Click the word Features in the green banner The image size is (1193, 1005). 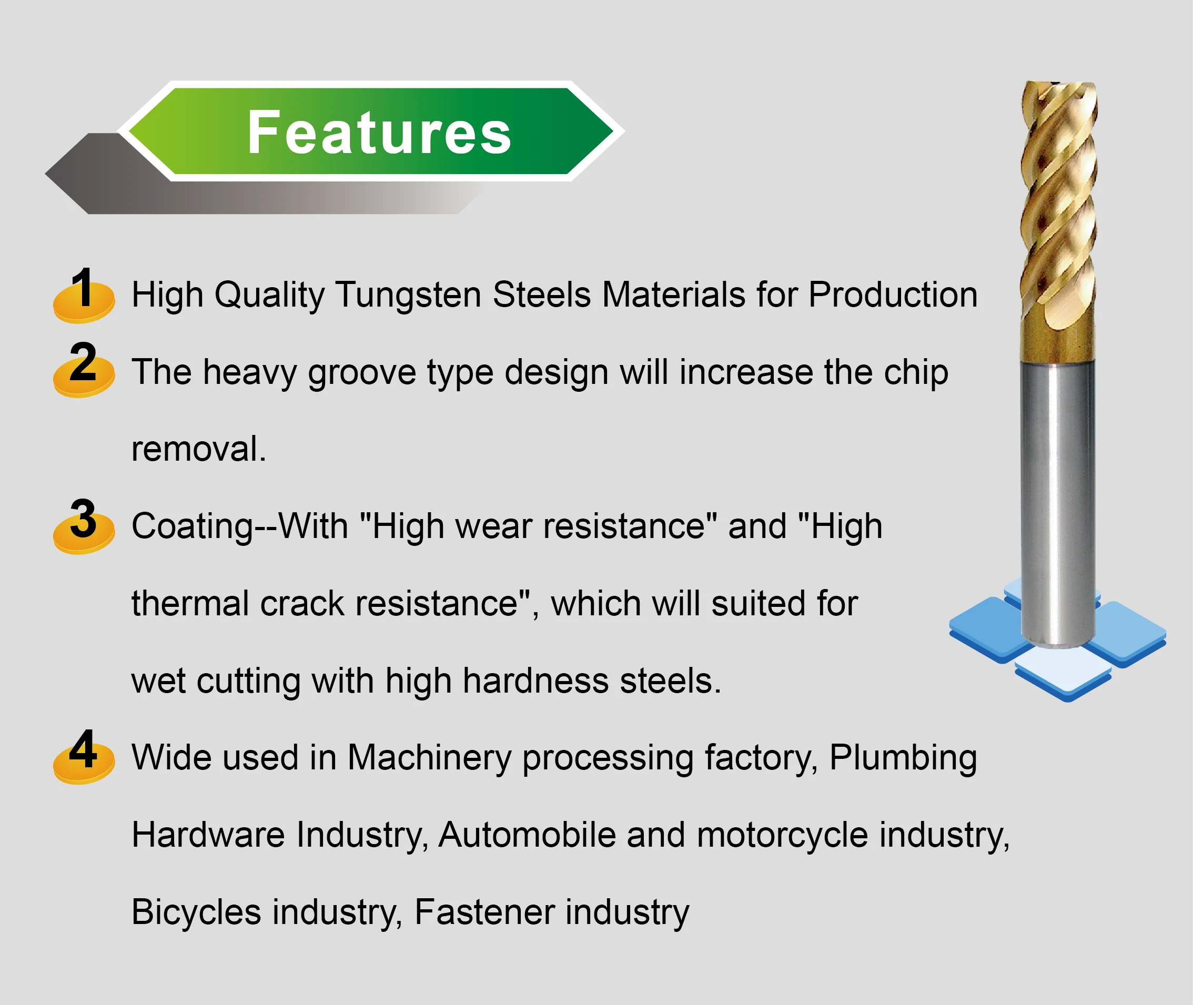point(379,132)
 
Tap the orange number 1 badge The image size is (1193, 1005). point(84,296)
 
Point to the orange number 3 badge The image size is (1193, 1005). point(84,527)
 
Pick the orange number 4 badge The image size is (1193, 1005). point(84,758)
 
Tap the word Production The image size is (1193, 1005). point(893,295)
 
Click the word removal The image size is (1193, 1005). point(198,449)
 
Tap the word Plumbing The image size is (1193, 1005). point(903,758)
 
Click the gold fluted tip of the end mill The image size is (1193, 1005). point(1058,217)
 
